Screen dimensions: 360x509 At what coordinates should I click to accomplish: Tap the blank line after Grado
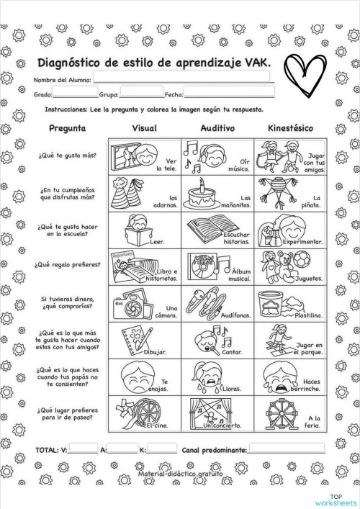[75, 94]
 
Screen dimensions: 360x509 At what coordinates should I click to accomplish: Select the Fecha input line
[229, 94]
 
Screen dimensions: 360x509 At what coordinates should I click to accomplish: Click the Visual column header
[144, 128]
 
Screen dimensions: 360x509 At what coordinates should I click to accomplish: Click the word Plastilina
[305, 315]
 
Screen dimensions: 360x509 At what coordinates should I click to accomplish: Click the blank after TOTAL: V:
[84, 450]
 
